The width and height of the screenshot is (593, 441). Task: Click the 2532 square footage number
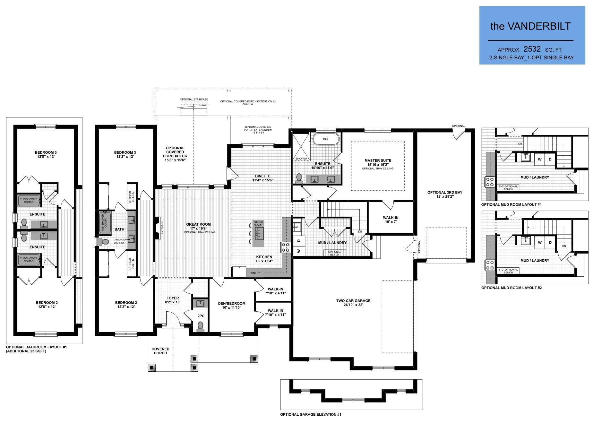[532, 49]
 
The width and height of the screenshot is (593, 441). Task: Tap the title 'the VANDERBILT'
[530, 26]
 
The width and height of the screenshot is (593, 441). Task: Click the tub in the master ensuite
[325, 139]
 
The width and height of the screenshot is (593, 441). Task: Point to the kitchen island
[258, 234]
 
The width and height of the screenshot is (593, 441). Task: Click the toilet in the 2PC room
[201, 325]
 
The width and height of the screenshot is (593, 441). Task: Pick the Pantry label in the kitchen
[255, 273]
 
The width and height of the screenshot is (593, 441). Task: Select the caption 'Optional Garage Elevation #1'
[310, 414]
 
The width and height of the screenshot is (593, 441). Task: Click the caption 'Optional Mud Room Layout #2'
[511, 288]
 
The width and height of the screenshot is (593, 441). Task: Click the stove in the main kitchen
[285, 247]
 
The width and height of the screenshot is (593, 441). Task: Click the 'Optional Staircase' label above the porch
[193, 99]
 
